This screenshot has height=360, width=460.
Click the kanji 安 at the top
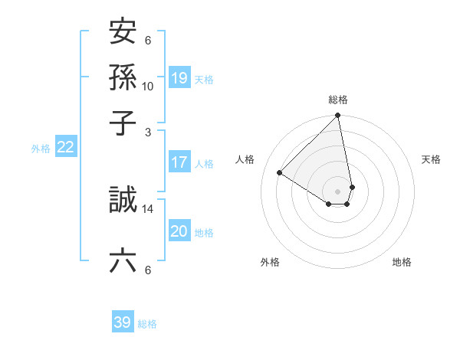(123, 33)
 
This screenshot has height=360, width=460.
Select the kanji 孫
(123, 78)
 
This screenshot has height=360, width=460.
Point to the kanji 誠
(123, 201)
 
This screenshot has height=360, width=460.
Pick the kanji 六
(123, 261)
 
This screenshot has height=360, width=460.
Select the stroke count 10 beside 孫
(148, 87)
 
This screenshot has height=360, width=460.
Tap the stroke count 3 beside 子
(148, 132)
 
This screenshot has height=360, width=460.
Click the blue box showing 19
(179, 78)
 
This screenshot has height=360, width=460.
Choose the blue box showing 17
(179, 162)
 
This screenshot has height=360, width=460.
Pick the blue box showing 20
(179, 232)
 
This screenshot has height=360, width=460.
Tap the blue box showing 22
(65, 148)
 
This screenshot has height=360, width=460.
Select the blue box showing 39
(122, 323)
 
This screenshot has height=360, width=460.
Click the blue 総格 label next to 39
(147, 324)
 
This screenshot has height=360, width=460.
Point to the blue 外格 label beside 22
(41, 149)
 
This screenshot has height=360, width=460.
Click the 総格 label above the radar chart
(338, 100)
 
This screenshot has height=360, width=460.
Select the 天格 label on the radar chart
(431, 159)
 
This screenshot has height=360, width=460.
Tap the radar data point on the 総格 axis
(338, 116)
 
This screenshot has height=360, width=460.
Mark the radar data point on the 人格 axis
(280, 173)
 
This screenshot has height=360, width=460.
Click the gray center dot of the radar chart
(338, 191)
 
